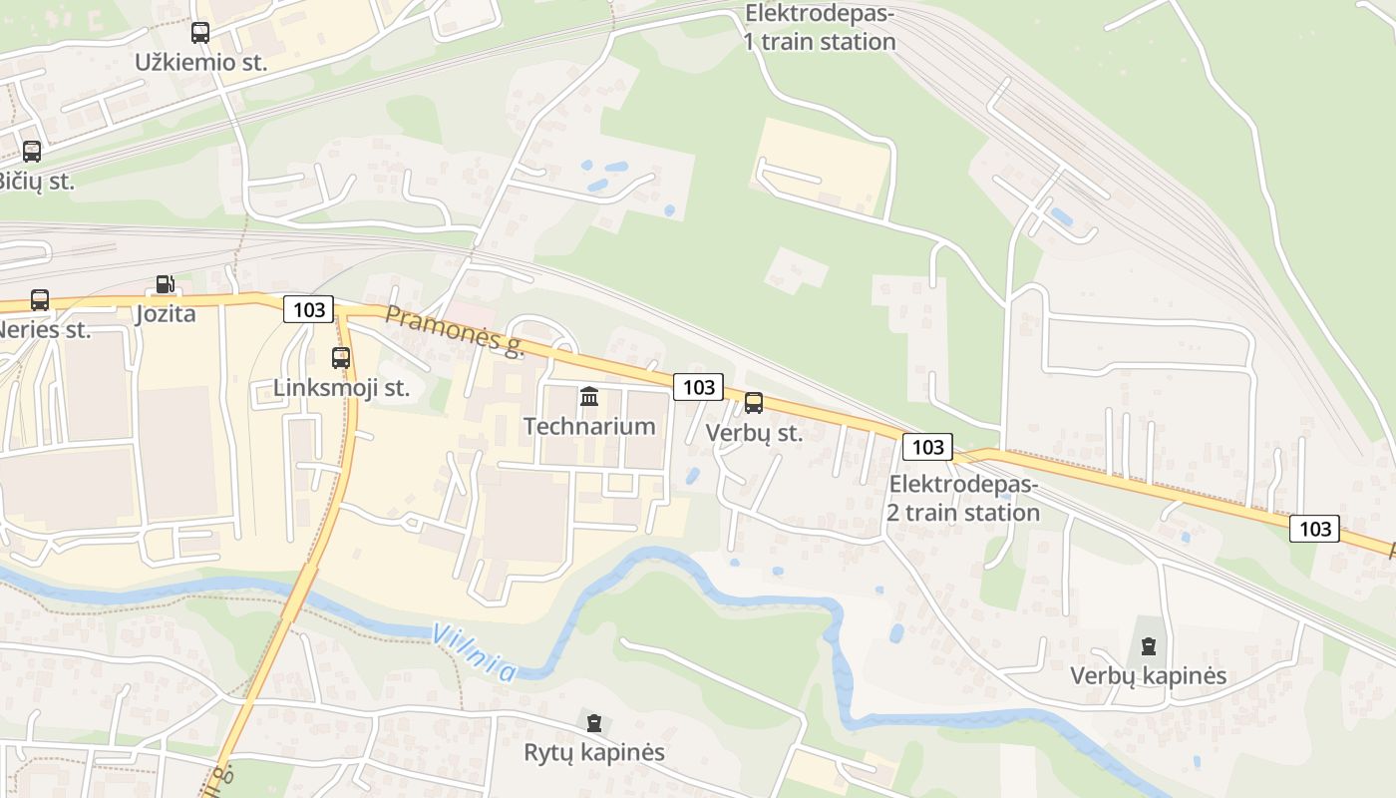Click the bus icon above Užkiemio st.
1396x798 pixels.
[200, 33]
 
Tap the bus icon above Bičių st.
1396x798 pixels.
[32, 152]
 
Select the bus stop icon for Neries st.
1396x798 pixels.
[40, 299]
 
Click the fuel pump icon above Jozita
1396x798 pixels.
[166, 285]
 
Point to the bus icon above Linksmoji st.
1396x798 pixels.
[341, 357]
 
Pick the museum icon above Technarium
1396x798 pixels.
[589, 397]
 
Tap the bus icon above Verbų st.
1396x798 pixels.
[754, 403]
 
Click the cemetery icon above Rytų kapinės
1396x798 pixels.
[594, 723]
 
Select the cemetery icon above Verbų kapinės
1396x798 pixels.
[1148, 646]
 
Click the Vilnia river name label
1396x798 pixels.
[475, 652]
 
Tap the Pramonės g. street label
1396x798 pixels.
[455, 331]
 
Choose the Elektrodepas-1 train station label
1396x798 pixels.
[820, 28]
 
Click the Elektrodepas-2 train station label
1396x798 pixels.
[963, 499]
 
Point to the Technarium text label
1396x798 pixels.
[589, 427]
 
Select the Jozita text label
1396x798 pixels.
[166, 315]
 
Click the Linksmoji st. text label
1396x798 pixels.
[342, 388]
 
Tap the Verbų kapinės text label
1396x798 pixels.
[1148, 676]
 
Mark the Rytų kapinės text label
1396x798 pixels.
[594, 752]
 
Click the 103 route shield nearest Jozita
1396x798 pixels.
[309, 309]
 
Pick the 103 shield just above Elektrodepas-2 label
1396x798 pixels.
[927, 446]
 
